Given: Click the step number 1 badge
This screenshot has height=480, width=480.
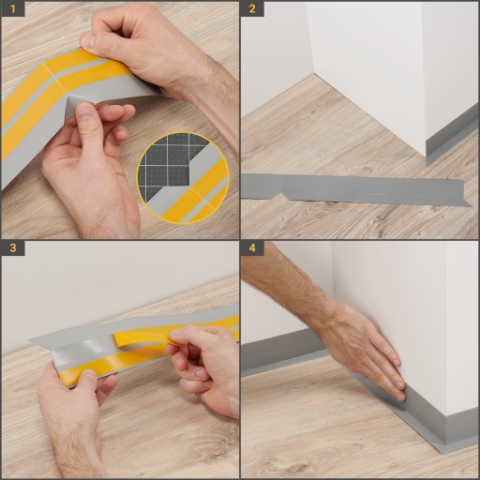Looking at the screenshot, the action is [12, 8].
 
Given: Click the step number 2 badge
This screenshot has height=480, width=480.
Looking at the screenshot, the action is [252, 8].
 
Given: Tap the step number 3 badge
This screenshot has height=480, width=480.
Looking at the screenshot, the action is [12, 248].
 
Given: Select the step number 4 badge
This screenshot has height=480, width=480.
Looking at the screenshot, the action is [252, 248].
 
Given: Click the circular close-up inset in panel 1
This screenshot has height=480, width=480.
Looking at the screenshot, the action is [183, 178].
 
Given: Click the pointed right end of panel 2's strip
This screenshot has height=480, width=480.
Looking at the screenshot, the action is [471, 205].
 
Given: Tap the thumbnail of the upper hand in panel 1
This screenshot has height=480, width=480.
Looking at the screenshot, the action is [88, 41].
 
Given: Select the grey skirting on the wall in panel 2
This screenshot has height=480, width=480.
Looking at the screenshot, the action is [453, 138].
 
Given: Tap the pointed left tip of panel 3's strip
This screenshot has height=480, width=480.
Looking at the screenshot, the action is [31, 339].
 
